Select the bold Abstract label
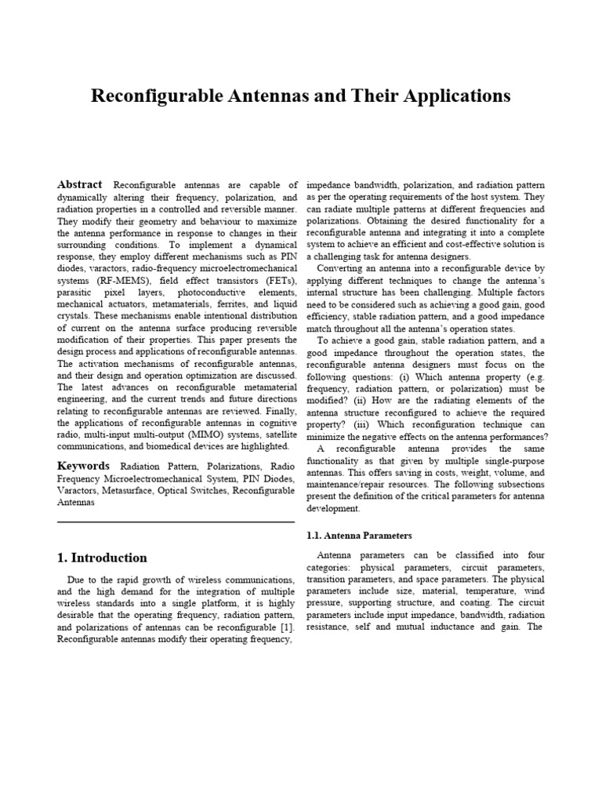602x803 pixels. (81, 184)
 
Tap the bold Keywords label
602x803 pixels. (83, 466)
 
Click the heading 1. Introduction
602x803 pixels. (102, 558)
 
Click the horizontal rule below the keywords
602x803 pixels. (176, 522)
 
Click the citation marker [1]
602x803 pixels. (288, 628)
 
